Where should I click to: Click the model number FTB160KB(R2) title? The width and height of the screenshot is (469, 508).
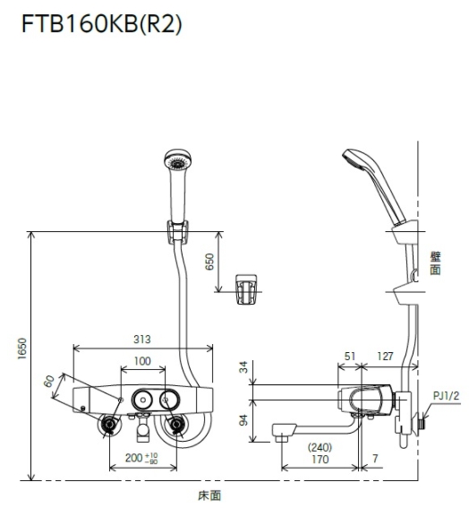point(102,24)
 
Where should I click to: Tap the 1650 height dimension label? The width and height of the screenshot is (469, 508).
point(22,349)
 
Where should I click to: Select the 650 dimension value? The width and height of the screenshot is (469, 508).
point(209,262)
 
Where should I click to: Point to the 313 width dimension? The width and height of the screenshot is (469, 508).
point(142,340)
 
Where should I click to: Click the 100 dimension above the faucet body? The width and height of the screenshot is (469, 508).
point(142,361)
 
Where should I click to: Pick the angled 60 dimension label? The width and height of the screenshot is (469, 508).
point(49,382)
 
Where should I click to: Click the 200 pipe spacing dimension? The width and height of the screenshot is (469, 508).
point(141,458)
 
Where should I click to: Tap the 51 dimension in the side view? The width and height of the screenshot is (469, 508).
point(350,357)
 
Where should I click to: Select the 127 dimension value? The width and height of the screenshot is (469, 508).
point(385,357)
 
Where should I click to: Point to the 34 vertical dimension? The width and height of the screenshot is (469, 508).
point(243,367)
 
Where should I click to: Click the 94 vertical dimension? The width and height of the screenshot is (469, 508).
point(243,420)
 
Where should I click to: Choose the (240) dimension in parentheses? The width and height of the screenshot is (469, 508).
point(320,447)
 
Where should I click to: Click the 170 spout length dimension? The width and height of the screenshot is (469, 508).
point(320,459)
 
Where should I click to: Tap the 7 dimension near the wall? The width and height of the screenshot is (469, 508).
point(375,459)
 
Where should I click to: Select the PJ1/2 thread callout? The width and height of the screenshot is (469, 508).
point(446,395)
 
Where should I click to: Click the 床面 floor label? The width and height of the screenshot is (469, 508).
point(209,495)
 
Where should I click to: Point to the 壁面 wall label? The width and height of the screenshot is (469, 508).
point(435,263)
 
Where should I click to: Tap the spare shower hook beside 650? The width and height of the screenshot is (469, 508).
point(246,289)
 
